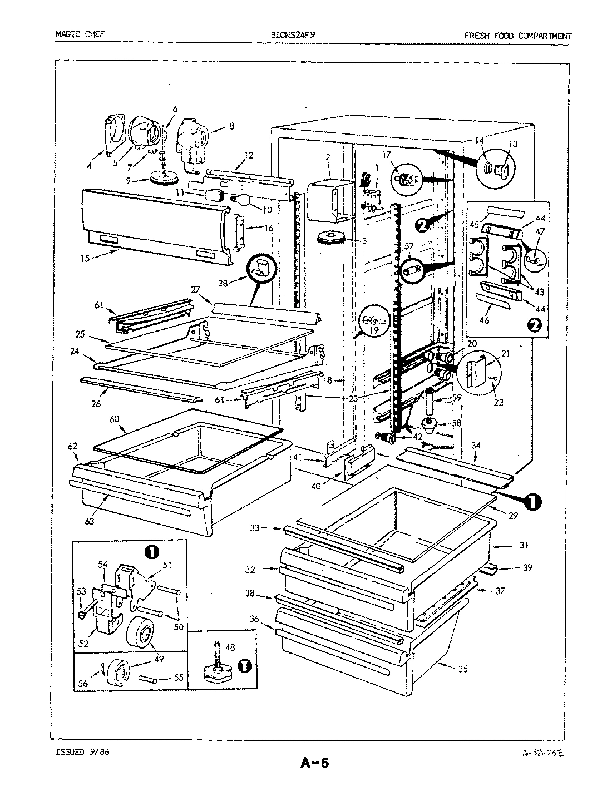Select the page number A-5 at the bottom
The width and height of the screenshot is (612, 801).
pyautogui.click(x=315, y=762)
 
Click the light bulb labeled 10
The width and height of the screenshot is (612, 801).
pyautogui.click(x=243, y=199)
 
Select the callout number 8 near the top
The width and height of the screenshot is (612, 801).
pyautogui.click(x=231, y=126)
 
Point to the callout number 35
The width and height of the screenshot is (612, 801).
pyautogui.click(x=462, y=669)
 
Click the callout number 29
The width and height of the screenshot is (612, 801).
pyautogui.click(x=512, y=516)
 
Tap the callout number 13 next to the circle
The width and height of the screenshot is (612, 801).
pyautogui.click(x=512, y=144)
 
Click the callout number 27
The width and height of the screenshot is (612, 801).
pyautogui.click(x=195, y=289)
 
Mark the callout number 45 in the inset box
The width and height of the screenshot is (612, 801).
pyautogui.click(x=474, y=225)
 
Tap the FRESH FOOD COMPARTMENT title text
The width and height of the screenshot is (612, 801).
pyautogui.click(x=517, y=36)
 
